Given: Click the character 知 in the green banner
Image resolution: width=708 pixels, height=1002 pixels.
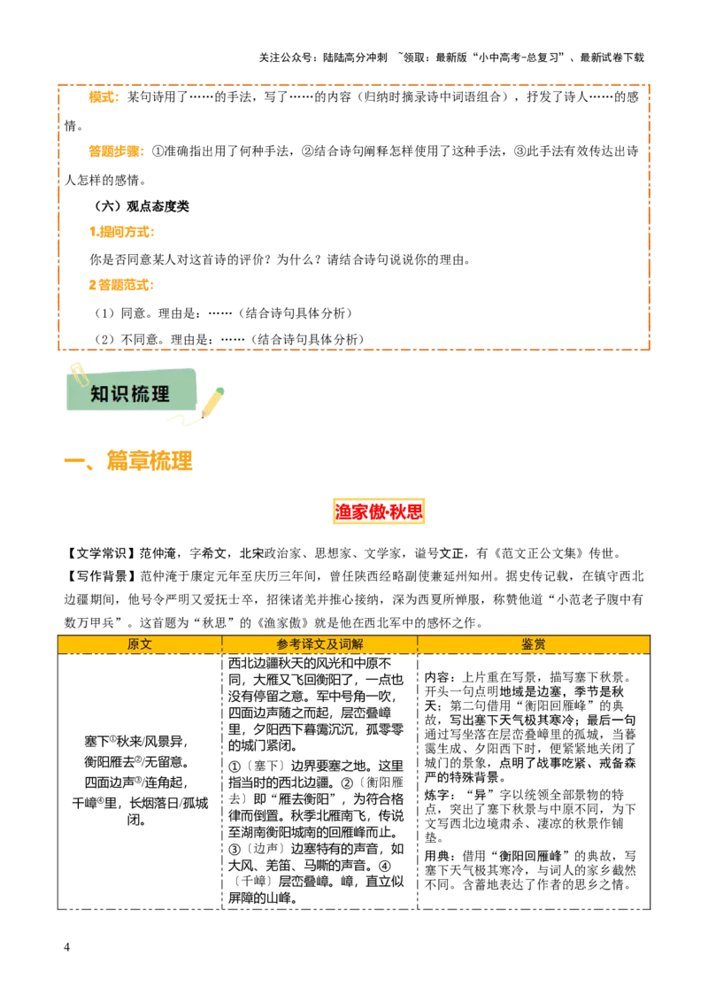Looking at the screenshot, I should tap(101, 395).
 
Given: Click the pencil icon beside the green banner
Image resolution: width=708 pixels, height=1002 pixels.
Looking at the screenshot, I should tap(212, 403).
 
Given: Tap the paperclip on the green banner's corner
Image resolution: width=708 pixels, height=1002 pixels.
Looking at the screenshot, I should tap(77, 373).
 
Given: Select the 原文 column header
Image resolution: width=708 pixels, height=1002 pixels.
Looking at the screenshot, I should tap(140, 644).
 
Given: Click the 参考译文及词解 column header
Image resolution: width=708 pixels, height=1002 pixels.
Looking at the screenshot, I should tap(319, 644).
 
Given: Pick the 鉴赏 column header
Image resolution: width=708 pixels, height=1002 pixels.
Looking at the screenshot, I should tap(534, 644).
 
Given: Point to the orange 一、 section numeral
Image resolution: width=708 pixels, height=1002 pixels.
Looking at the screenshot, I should tap(80, 462).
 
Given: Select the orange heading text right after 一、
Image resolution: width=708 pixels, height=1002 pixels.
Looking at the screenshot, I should tap(151, 460).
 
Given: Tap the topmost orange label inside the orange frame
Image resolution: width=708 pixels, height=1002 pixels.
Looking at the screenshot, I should tap(103, 98).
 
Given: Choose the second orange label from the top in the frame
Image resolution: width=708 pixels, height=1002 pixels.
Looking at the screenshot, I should tap(117, 151).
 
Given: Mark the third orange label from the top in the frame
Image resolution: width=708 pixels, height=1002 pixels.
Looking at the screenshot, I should tap(122, 233).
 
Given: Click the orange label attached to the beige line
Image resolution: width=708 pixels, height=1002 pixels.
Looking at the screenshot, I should tap(121, 284).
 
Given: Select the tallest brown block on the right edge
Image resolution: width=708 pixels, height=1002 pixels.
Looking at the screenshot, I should tap(679, 248).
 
